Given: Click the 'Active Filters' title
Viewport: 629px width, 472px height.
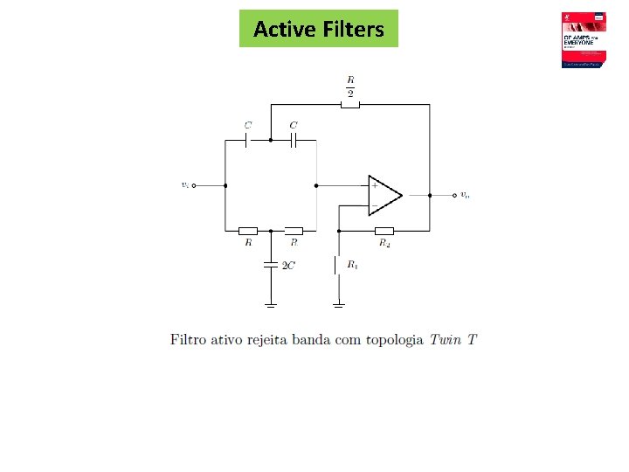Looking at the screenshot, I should coord(318,29).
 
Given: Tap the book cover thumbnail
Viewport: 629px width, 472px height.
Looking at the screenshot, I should coord(584,40).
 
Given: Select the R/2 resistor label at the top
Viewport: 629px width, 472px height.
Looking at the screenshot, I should coord(350,87).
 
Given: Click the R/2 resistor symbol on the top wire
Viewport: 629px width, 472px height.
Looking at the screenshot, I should coord(350,105).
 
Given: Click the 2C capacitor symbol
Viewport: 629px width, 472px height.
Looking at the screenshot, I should coord(271,263).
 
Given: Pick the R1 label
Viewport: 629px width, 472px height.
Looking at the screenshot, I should coord(352,264).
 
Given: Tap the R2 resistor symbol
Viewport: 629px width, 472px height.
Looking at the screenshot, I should coord(384,231).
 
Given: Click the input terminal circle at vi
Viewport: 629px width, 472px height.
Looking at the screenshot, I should coord(194,185).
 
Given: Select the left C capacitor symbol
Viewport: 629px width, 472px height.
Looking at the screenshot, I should coord(247,139).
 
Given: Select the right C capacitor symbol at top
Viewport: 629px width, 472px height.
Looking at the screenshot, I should coord(294,139).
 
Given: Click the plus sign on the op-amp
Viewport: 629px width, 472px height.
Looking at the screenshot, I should coord(375,185).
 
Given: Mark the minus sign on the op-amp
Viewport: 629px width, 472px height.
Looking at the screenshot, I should coord(375,205).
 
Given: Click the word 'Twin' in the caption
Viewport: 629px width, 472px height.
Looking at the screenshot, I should coord(446,339).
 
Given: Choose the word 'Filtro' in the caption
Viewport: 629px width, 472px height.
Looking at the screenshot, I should coord(188,339).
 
